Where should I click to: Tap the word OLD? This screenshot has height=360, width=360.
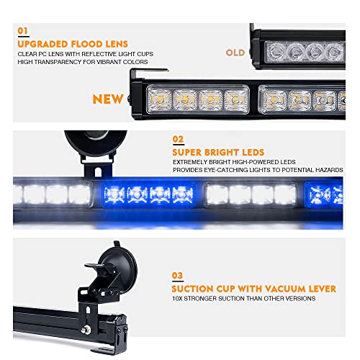coord(235,53)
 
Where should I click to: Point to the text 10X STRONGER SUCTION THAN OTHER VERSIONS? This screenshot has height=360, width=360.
coord(244,299)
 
